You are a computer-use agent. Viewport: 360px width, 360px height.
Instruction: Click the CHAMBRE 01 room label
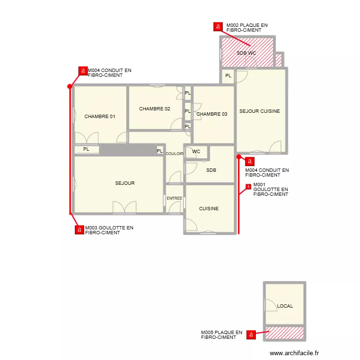pos(100,117)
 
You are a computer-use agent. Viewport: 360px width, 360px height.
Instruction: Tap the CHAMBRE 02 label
pos(155,109)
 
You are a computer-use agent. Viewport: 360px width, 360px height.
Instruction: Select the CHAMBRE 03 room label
pos(212,114)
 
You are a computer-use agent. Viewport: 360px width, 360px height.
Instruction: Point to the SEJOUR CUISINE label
pos(260,111)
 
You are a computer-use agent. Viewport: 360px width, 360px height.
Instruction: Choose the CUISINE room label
pos(209,209)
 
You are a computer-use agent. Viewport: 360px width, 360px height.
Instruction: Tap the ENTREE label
pos(174,198)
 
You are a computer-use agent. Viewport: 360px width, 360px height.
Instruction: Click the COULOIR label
pos(175,154)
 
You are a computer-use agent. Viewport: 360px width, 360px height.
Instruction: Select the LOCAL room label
pos(285,306)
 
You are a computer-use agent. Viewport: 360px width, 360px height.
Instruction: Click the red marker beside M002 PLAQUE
pos(218,27)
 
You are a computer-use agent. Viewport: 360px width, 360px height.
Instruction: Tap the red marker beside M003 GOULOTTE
pos(79,230)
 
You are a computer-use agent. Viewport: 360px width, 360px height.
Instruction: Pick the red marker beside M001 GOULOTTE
pos(248,187)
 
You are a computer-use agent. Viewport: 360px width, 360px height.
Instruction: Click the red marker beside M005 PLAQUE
pos(251,335)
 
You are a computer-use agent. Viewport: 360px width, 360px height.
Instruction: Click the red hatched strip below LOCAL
pos(284,332)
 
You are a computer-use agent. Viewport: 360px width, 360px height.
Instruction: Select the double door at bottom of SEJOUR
pos(124,208)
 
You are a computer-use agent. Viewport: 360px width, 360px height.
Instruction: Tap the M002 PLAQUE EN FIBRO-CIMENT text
pos(247,27)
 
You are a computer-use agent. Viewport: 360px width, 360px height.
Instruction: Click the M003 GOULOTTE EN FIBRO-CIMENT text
pos(109,230)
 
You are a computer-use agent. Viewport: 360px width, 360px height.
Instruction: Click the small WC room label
pos(196,152)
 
